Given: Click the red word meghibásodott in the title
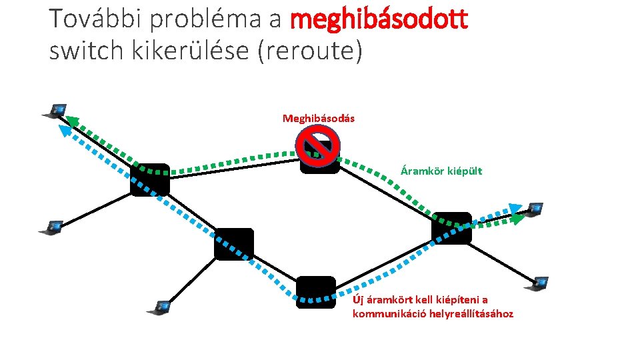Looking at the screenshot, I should [x=379, y=20].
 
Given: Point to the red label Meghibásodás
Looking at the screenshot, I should [x=319, y=118].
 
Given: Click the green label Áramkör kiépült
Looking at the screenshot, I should [x=441, y=171].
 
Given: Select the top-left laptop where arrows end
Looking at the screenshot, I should [x=55, y=111].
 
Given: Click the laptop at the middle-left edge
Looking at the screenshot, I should [x=51, y=227].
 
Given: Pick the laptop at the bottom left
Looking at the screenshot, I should [x=160, y=308].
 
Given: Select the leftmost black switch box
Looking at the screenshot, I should [x=149, y=179].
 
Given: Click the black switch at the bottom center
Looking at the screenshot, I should [x=315, y=292].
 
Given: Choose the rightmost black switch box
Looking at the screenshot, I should [x=451, y=228].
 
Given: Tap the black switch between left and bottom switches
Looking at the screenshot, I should [x=234, y=244].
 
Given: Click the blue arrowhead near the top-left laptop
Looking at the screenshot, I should [x=65, y=131].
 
